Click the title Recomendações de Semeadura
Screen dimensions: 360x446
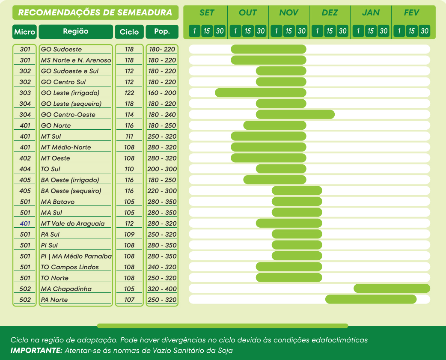(95, 13)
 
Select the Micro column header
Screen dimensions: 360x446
(25, 32)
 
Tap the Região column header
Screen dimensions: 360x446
(76, 32)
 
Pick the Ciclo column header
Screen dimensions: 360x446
(129, 32)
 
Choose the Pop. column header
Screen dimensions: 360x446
(162, 32)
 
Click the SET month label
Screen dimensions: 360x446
(207, 13)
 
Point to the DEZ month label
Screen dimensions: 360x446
(330, 13)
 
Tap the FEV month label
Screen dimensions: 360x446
(411, 13)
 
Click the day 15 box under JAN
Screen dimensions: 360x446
(371, 31)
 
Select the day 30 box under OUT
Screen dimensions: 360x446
(261, 31)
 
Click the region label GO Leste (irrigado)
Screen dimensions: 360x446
(70, 93)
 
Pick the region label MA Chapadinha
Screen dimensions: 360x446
(66, 289)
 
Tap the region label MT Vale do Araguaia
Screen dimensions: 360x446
(73, 223)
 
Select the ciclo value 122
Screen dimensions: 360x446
(129, 93)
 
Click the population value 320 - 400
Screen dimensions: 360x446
(162, 289)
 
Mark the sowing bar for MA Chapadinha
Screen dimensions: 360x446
(392, 289)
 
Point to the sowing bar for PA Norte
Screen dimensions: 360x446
(371, 299)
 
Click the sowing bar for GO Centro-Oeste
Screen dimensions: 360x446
(295, 114)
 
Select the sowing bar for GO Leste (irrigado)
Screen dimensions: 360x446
(261, 92)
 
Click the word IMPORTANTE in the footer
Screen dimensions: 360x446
(36, 351)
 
